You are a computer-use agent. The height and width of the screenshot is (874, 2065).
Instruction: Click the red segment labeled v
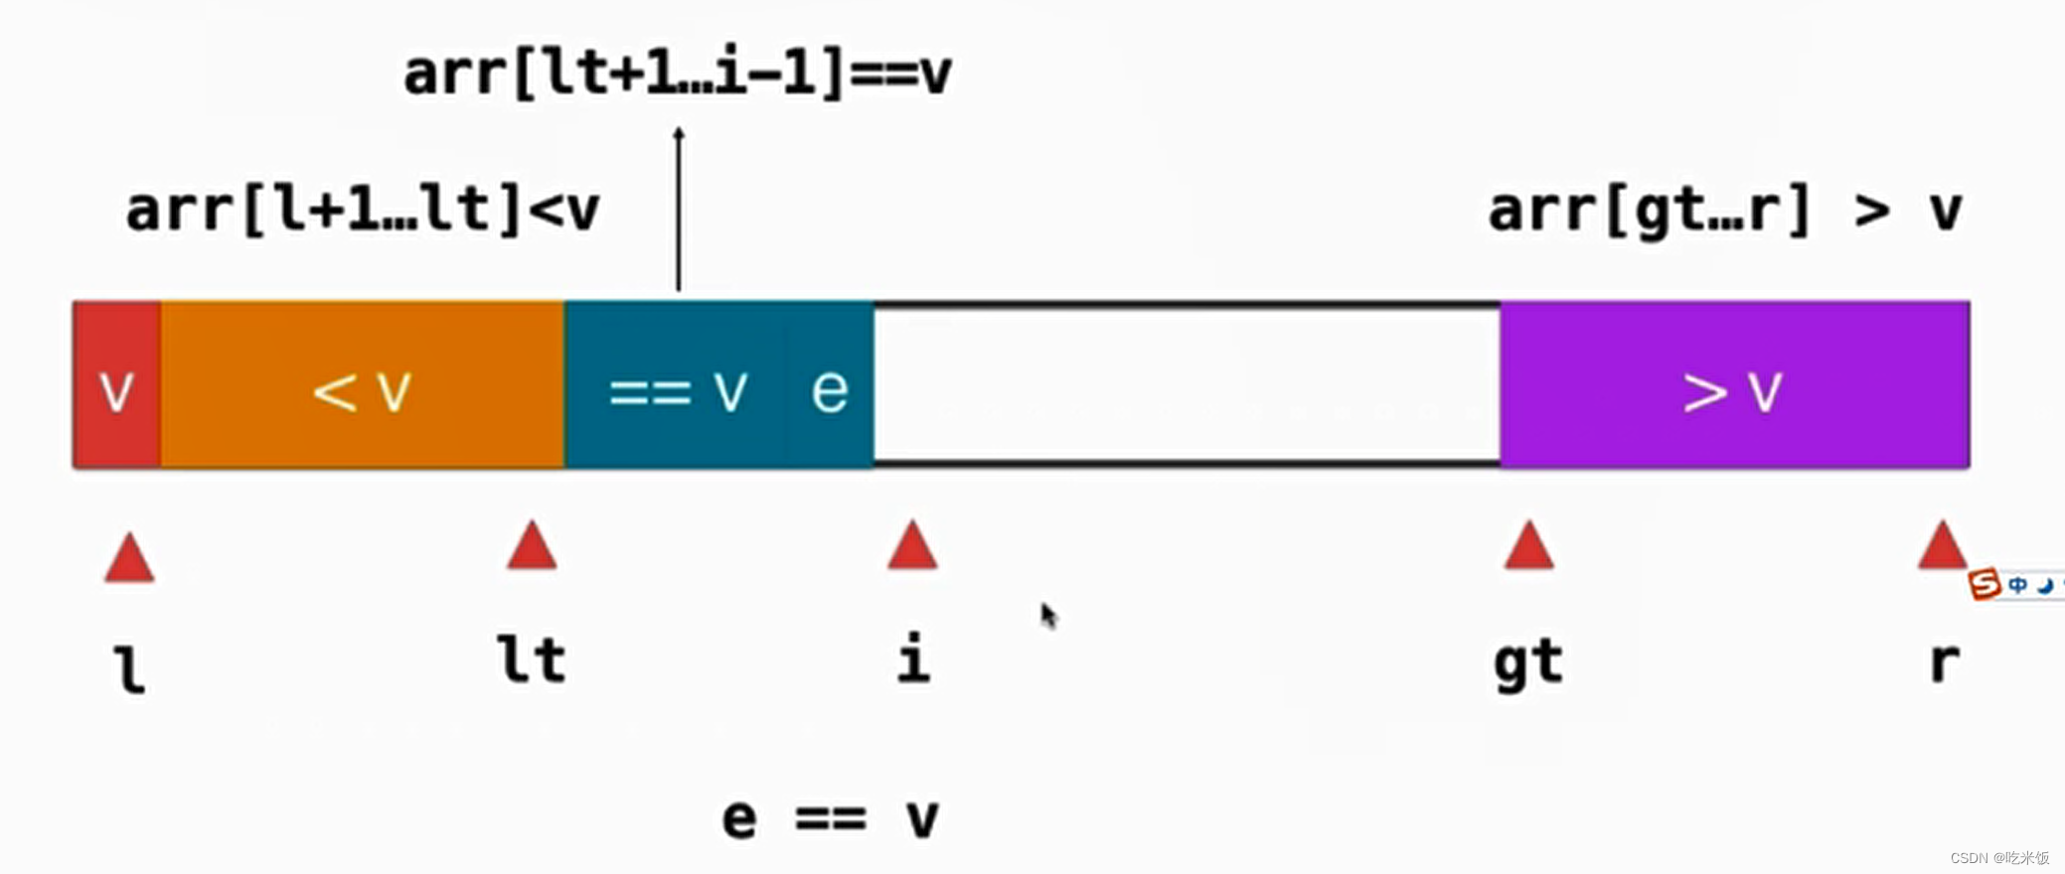click(116, 385)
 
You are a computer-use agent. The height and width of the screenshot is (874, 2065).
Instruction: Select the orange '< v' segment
click(362, 385)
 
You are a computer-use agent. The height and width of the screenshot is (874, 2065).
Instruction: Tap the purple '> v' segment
click(1734, 385)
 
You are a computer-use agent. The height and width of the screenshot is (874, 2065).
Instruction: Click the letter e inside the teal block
click(830, 389)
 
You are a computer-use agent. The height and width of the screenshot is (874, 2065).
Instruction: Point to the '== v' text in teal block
click(678, 389)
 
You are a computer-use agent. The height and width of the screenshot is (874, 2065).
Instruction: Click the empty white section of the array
click(1187, 385)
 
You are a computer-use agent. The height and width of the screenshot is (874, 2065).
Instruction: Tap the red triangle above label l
click(129, 558)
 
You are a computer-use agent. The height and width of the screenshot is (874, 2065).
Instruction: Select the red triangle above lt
click(532, 546)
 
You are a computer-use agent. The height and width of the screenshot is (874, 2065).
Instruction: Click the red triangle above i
click(912, 546)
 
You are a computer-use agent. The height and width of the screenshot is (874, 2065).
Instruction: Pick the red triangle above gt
click(1528, 546)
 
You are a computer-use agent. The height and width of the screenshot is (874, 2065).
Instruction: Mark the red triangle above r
click(1943, 546)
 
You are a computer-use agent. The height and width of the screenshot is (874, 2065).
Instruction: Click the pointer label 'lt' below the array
click(532, 659)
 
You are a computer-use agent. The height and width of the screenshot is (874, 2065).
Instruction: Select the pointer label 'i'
click(913, 657)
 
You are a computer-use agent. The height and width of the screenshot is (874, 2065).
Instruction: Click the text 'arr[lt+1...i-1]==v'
click(678, 73)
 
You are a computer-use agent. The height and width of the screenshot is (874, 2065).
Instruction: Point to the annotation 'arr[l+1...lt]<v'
click(363, 210)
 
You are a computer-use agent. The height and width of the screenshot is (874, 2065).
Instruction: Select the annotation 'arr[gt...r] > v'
click(1725, 210)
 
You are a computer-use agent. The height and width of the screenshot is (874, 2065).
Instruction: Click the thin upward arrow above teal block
click(679, 209)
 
